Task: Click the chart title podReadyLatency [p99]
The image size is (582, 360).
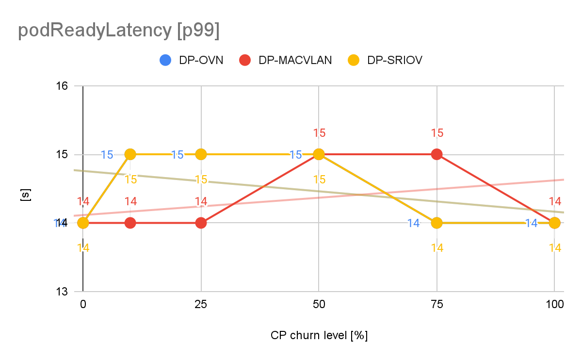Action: [x=118, y=31]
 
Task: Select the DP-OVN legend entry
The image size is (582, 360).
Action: [x=192, y=60]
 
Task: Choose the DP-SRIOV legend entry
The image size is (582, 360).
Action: [x=386, y=60]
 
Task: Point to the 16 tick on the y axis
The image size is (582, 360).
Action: [x=63, y=86]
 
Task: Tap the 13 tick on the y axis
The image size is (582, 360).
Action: [x=63, y=292]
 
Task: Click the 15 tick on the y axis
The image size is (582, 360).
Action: [x=63, y=155]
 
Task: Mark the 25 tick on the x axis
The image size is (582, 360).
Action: [x=201, y=305]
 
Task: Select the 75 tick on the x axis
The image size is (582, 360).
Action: [x=437, y=305]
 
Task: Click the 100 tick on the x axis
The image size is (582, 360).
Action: [x=554, y=305]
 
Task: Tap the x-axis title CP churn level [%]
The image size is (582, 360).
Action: [x=319, y=335]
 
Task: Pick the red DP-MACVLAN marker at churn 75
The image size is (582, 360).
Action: [x=437, y=154]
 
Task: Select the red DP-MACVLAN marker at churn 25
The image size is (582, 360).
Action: [x=201, y=223]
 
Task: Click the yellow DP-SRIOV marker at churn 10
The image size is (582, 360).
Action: [x=130, y=154]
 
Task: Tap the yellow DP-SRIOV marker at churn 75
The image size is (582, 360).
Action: [x=437, y=223]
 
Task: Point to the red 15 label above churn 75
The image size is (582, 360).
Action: [x=437, y=133]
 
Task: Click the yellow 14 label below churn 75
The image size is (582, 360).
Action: [x=437, y=247]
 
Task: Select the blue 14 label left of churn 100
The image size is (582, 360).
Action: [x=532, y=223]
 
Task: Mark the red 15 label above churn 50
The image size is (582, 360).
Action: [x=319, y=133]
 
